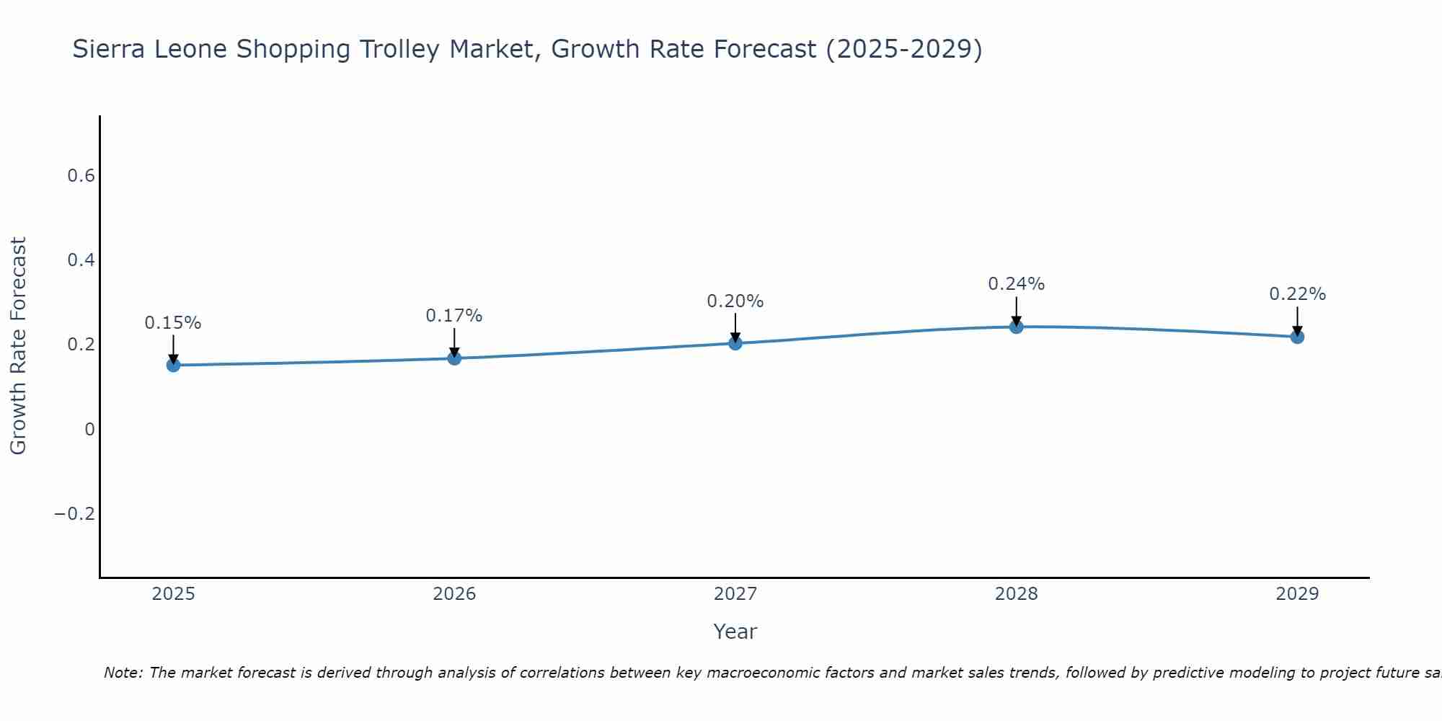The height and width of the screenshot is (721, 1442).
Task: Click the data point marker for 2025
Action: (173, 365)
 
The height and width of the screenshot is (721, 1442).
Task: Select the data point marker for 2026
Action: (454, 358)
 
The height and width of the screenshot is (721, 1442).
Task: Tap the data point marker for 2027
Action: (735, 342)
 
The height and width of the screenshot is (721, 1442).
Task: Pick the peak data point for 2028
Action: (1016, 327)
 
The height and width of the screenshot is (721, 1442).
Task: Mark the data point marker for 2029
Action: (1297, 337)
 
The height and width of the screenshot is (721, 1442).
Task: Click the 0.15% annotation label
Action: (173, 323)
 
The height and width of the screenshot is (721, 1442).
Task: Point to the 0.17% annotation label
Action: (454, 316)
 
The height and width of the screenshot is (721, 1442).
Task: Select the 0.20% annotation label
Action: (735, 301)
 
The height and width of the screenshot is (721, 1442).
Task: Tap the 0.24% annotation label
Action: (1016, 284)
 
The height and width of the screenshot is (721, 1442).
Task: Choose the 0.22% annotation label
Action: (1297, 294)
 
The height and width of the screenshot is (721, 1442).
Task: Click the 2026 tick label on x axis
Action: (454, 594)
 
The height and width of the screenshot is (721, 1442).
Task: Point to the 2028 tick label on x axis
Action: (1016, 594)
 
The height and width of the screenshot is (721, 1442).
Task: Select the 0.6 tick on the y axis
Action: (81, 176)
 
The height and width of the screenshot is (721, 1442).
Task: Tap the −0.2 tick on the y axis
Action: (75, 514)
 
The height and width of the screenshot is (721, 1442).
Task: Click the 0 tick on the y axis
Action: (89, 430)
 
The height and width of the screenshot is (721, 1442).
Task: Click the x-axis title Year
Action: (735, 632)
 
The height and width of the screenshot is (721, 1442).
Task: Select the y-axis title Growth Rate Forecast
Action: (18, 345)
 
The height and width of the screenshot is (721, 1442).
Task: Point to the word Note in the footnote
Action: (123, 673)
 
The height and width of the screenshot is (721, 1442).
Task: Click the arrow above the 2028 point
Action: (1016, 310)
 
